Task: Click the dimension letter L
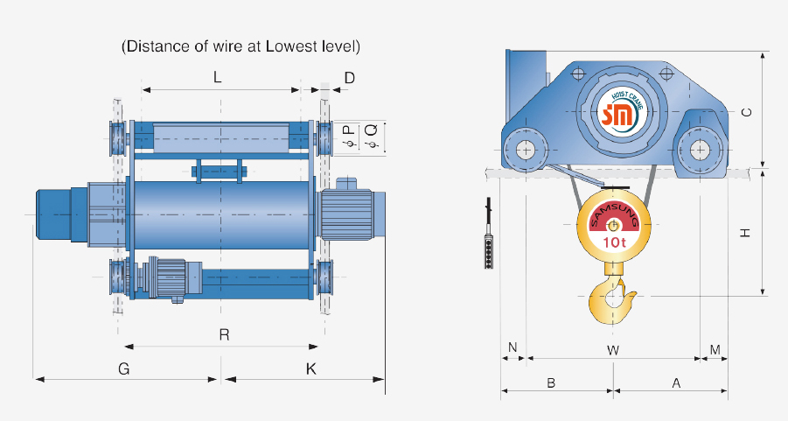tap(217, 78)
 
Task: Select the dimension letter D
tap(349, 78)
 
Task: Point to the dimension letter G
tap(124, 369)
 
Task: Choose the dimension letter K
tap(310, 369)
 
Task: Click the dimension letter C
tap(746, 112)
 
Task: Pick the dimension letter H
tap(746, 234)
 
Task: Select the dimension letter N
tap(513, 349)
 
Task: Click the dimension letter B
tap(551, 383)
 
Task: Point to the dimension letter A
tap(675, 383)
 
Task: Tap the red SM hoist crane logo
tap(621, 113)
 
